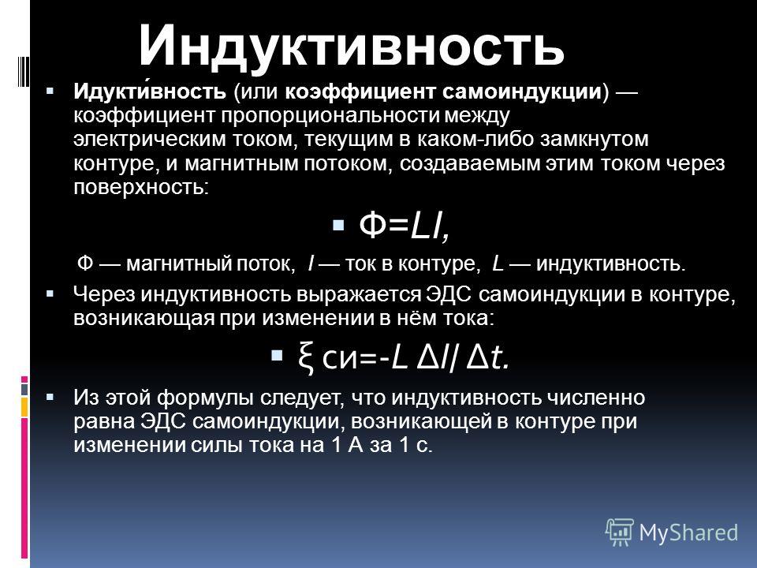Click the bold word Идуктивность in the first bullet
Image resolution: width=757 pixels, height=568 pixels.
pyautogui.click(x=150, y=91)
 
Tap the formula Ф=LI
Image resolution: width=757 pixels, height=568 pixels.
pyautogui.click(x=405, y=226)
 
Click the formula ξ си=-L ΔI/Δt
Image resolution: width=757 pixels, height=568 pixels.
pyautogui.click(x=404, y=358)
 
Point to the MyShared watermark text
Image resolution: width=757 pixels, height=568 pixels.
pyautogui.click(x=688, y=532)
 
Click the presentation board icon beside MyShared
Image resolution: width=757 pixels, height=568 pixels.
pyautogui.click(x=620, y=532)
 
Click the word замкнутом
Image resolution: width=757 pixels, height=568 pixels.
pyautogui.click(x=594, y=139)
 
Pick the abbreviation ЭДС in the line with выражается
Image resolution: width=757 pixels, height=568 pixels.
pyautogui.click(x=448, y=294)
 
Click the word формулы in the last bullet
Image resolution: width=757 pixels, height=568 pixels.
pyautogui.click(x=206, y=398)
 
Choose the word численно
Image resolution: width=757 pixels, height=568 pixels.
pyautogui.click(x=596, y=398)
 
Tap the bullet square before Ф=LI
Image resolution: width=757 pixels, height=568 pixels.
pyautogui.click(x=338, y=225)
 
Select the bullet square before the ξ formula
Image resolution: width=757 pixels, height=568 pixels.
pyautogui.click(x=277, y=357)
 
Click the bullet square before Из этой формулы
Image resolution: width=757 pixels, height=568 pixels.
pyautogui.click(x=50, y=398)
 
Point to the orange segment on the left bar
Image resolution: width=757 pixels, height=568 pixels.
pyautogui.click(x=24, y=407)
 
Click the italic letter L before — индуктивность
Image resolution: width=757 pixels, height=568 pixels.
pyautogui.click(x=498, y=263)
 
